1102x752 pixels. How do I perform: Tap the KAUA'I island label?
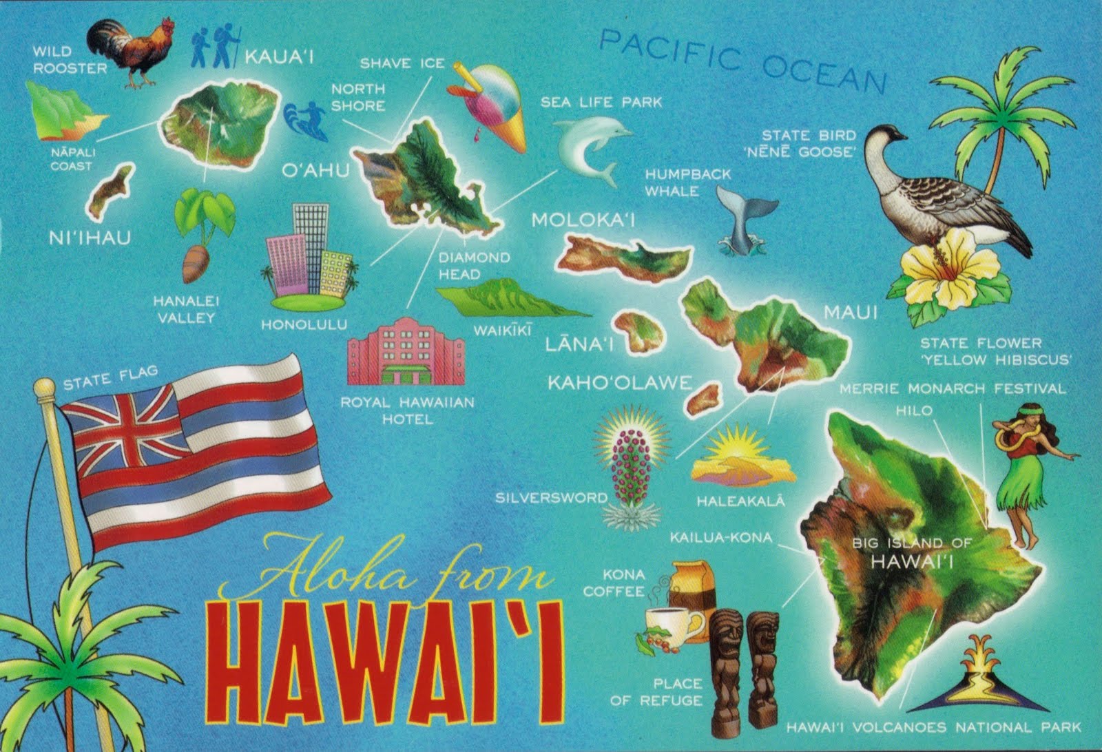(279, 56)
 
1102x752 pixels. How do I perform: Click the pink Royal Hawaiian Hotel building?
(406, 351)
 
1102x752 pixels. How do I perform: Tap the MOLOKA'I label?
(583, 220)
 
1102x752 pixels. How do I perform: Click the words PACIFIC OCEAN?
(740, 61)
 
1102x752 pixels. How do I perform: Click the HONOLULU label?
(304, 324)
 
